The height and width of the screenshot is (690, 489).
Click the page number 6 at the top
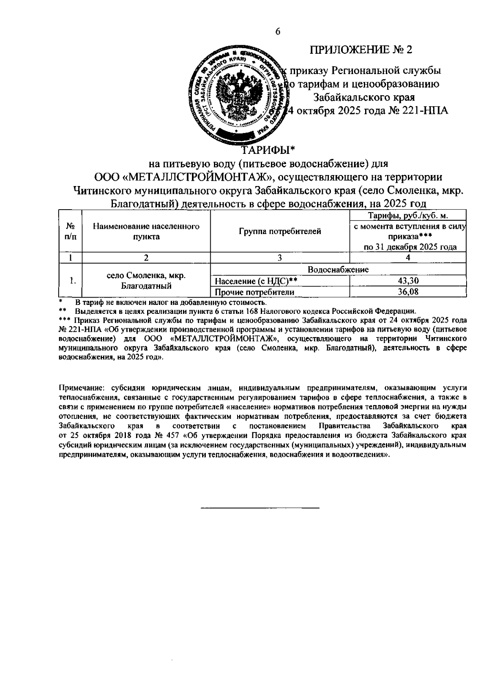pyautogui.click(x=278, y=32)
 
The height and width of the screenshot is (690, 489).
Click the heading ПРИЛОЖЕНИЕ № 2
pyautogui.click(x=361, y=50)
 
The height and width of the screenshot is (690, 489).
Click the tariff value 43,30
pyautogui.click(x=408, y=281)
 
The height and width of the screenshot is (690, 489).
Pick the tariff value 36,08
pyautogui.click(x=408, y=292)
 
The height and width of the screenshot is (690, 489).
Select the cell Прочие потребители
pyautogui.click(x=255, y=292)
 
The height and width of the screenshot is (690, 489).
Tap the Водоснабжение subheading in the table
pyautogui.click(x=338, y=269)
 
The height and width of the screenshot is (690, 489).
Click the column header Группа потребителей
pyautogui.click(x=280, y=231)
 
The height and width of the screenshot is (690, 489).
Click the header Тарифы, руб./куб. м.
pyautogui.click(x=408, y=215)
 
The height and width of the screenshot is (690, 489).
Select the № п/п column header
pyautogui.click(x=70, y=231)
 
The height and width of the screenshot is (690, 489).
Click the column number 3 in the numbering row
pyautogui.click(x=280, y=257)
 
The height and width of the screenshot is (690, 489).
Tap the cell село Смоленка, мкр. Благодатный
pyautogui.click(x=146, y=280)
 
